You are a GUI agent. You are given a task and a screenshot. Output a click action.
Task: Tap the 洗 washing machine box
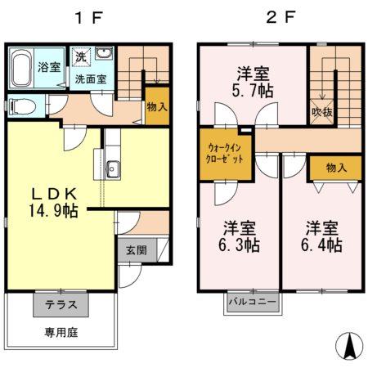tap(80, 57)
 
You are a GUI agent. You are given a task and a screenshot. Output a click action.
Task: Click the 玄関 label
tap(136, 251)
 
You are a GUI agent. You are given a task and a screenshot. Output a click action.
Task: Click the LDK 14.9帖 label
tap(54, 202)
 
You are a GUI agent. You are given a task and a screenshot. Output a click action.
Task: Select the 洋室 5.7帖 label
tap(252, 81)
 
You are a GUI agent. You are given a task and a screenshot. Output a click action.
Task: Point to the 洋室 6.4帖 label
tap(324, 235)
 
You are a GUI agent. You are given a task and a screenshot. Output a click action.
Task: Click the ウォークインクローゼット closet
tap(225, 152)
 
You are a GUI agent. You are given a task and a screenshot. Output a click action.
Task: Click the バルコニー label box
tap(253, 303)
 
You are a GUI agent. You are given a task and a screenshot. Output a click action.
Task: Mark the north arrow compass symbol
tap(349, 345)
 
